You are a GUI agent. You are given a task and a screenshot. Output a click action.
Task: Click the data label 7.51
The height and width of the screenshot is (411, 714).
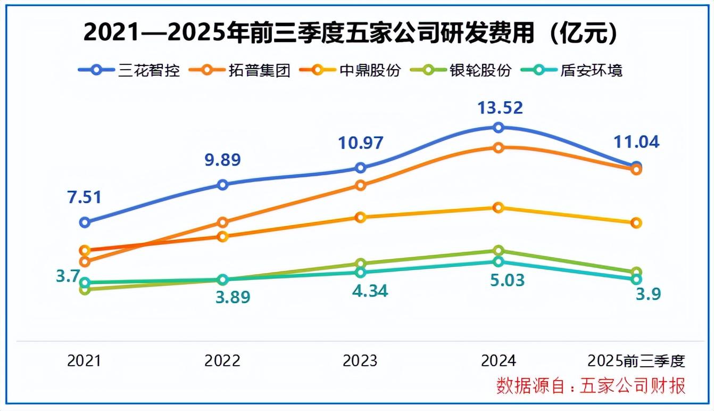click(84, 196)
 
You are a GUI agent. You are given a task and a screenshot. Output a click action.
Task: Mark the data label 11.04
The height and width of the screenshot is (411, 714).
click(636, 142)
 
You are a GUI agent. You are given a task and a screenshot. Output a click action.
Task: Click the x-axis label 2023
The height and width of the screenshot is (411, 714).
click(360, 360)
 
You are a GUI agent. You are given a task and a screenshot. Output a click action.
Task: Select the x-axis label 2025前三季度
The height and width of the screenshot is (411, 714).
click(636, 360)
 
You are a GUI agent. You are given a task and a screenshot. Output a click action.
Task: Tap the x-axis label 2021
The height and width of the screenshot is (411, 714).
click(84, 360)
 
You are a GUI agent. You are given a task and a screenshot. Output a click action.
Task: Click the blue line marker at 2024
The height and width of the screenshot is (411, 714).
click(499, 127)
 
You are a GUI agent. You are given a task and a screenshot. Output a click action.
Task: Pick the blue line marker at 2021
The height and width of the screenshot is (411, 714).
click(85, 223)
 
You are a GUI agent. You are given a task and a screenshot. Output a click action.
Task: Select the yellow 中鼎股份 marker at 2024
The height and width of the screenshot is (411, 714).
click(499, 208)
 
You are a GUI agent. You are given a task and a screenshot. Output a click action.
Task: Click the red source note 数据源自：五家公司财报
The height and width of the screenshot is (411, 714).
click(591, 385)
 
